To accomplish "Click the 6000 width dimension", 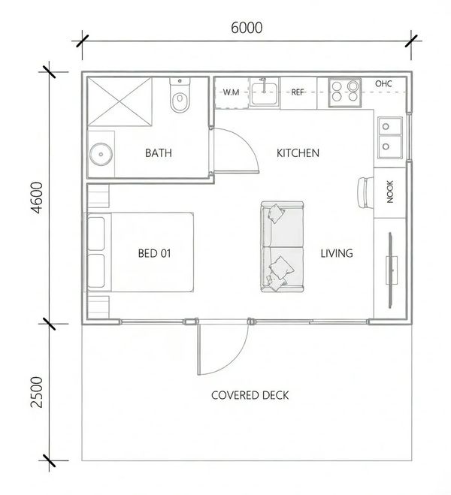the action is pos(247,28).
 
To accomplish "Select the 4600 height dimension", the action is pos(38,198).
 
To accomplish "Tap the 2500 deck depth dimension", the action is pos(38,392).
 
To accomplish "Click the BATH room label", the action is pos(159,153).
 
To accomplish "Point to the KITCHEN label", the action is pos(298,153).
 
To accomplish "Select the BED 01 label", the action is pos(154,253).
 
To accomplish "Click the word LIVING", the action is pos(337,253).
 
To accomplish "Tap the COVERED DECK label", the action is pos(250,395).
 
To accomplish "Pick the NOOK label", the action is pos(390,192).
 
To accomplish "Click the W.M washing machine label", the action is pos(232,92).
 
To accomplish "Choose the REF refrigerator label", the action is pos(298,92).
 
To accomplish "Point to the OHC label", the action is pos(384,83).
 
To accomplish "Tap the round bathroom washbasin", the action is pos(101,155).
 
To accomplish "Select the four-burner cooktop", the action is pos(344,92).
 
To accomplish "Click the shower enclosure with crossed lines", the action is pos(120,101).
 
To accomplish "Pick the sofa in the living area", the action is pos(283,246).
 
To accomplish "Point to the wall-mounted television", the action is pos(392,270).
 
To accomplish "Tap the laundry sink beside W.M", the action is pos(264,93).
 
